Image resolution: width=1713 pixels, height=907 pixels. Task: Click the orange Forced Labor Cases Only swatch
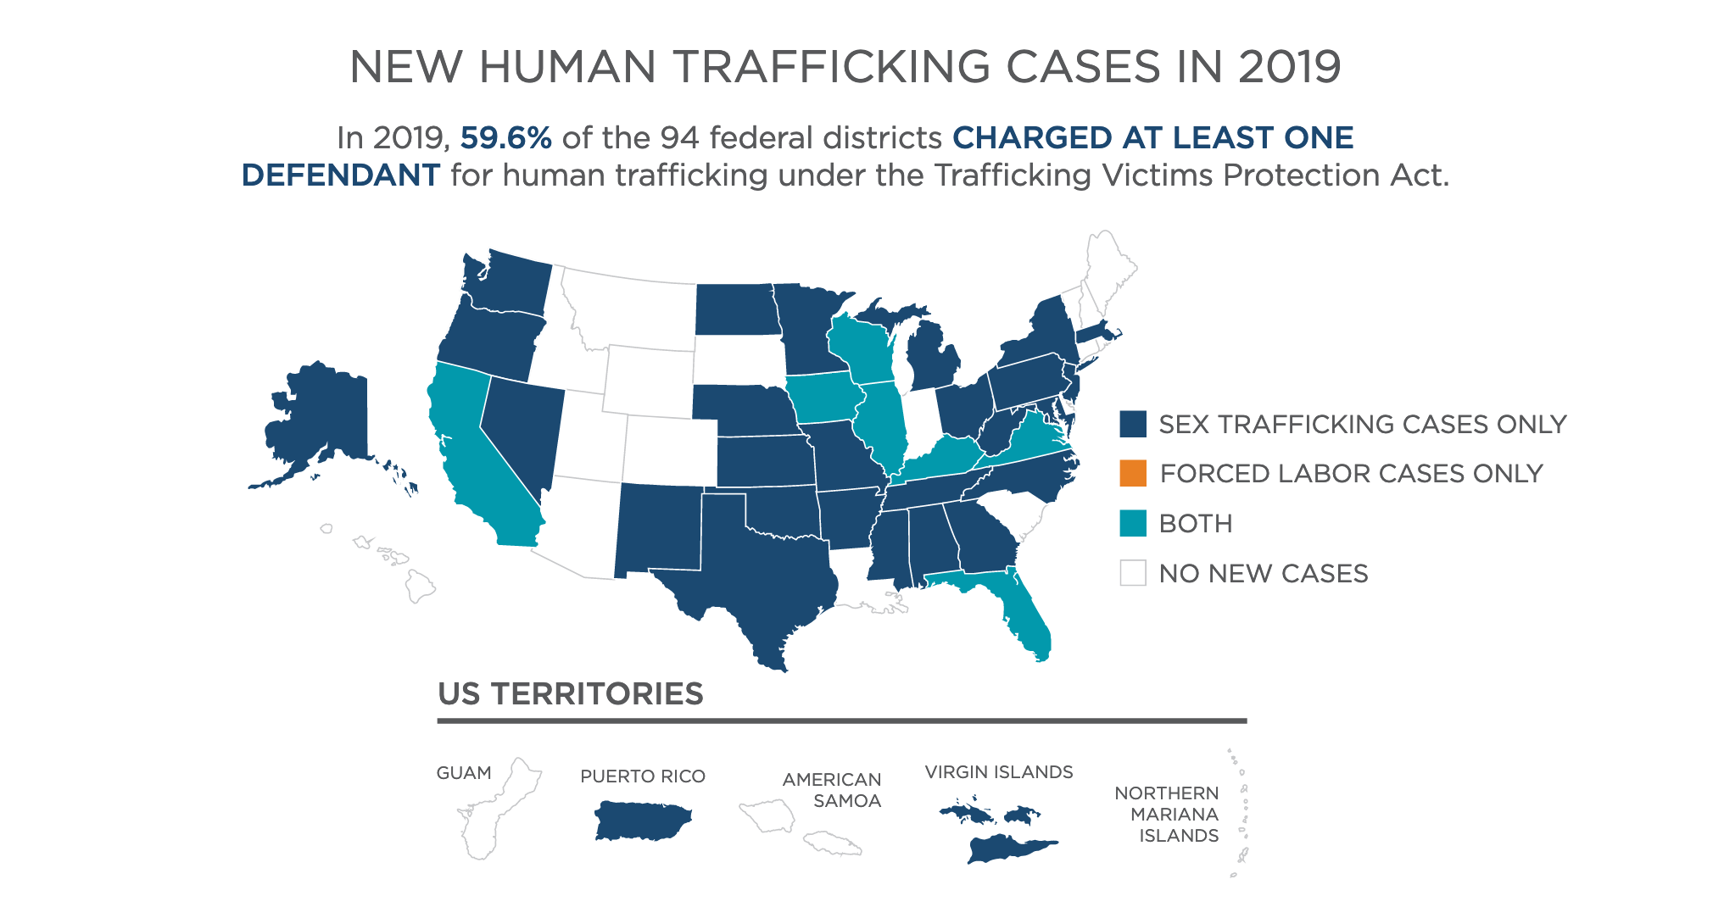pyautogui.click(x=1132, y=473)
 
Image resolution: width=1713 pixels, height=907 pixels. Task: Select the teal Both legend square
pyautogui.click(x=1132, y=523)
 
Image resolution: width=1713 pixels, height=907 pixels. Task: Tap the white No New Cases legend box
pyautogui.click(x=1132, y=573)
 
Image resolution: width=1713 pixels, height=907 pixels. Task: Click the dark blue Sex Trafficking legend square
pyautogui.click(x=1132, y=424)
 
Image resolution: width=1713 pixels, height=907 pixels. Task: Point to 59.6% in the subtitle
pyautogui.click(x=505, y=137)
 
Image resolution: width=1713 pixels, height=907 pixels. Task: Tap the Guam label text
pyautogui.click(x=464, y=773)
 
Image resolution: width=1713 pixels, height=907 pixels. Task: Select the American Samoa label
pyautogui.click(x=832, y=790)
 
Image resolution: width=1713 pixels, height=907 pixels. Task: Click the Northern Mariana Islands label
pyautogui.click(x=1166, y=814)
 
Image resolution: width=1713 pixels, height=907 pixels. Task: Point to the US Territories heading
pyautogui.click(x=570, y=693)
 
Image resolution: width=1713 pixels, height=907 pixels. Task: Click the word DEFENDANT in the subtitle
pyautogui.click(x=340, y=175)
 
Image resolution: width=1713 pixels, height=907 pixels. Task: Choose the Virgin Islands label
pyautogui.click(x=998, y=772)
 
